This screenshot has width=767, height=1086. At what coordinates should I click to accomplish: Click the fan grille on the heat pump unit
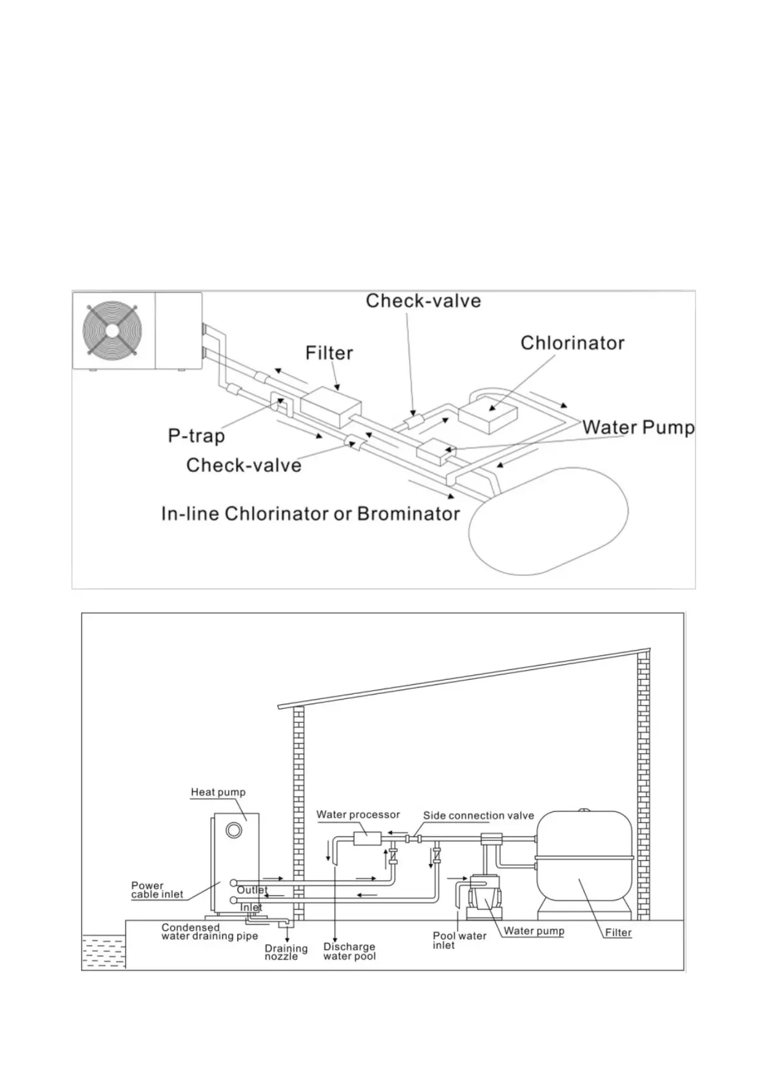tap(112, 330)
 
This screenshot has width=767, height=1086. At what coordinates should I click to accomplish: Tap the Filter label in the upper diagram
tap(329, 353)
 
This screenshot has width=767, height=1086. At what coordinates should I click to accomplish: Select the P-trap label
tap(196, 437)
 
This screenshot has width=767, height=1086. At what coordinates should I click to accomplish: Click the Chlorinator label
tap(572, 342)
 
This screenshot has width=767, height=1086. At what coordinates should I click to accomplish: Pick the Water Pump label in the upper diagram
tap(638, 428)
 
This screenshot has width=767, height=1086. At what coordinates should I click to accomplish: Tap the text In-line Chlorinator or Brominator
tap(310, 514)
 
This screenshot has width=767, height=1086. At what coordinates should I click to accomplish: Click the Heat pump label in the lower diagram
tap(218, 792)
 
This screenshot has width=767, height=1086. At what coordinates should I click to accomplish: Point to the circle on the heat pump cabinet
tap(234, 829)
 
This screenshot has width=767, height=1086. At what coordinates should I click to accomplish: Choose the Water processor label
tap(358, 814)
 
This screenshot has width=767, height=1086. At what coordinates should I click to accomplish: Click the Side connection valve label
tap(478, 816)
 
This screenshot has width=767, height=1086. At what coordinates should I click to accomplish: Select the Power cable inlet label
tap(157, 890)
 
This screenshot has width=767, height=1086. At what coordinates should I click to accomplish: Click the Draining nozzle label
tap(286, 953)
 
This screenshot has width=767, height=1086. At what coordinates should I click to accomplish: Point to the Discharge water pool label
tap(349, 951)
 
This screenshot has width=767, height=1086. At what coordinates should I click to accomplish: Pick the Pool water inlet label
tap(459, 940)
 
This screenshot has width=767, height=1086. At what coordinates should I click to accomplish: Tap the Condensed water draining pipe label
tap(209, 932)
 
